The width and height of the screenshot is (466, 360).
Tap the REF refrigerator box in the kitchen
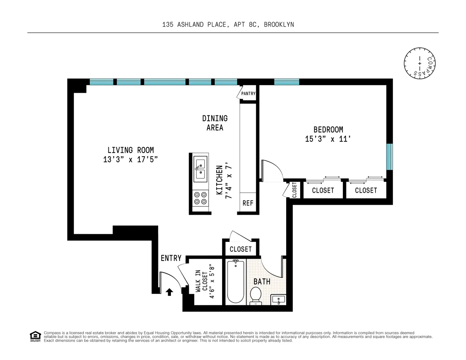coord(248,203)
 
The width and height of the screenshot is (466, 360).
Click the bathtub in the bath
coord(235,281)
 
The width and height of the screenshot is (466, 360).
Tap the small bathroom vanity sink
coord(278,299)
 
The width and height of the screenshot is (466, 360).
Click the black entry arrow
coord(169,292)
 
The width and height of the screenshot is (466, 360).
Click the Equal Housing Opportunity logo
coord(35,336)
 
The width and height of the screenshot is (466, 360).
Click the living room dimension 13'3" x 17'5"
coord(130,159)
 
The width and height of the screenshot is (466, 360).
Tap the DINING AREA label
coord(215,123)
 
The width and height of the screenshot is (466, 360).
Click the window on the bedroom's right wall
coord(389,157)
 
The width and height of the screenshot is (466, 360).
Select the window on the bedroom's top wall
coord(287,82)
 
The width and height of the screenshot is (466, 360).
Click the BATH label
coord(262,281)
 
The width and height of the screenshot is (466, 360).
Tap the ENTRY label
coord(171,258)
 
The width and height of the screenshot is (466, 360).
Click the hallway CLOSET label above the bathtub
coord(241,249)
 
